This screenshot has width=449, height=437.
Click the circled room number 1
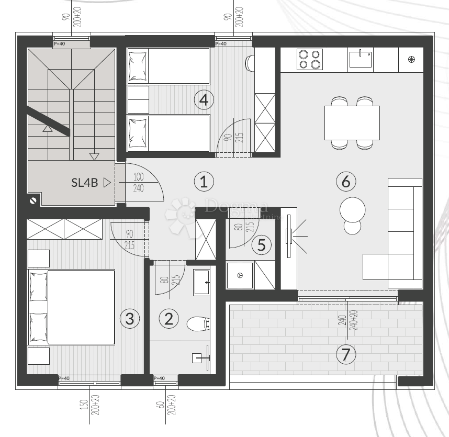click(x=204, y=182)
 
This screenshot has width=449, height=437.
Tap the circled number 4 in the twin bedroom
click(x=204, y=99)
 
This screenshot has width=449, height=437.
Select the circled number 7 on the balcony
click(x=345, y=354)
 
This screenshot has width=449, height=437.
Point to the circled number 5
click(x=262, y=244)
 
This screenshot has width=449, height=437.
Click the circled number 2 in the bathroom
click(x=169, y=318)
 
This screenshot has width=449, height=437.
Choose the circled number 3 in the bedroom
click(x=130, y=318)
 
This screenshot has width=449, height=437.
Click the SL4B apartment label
click(x=85, y=183)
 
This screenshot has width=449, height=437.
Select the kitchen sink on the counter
click(x=361, y=60)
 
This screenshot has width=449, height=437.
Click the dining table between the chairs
click(x=352, y=123)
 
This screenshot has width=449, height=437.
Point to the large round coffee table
click(x=352, y=209)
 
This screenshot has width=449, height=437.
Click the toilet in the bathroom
click(x=198, y=324)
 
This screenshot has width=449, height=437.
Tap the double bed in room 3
click(x=71, y=307)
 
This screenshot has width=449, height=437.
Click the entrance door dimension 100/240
click(x=138, y=183)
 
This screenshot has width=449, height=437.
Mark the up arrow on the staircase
click(x=47, y=128)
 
